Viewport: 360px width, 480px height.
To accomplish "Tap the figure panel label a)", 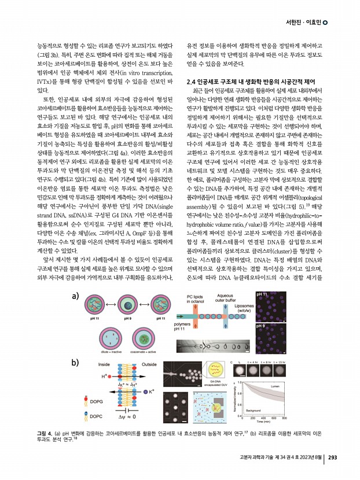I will pos(75,296).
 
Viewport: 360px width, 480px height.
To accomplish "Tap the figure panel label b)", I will pos(75,363).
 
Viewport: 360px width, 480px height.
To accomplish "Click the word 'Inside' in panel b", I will pos(104,365).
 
